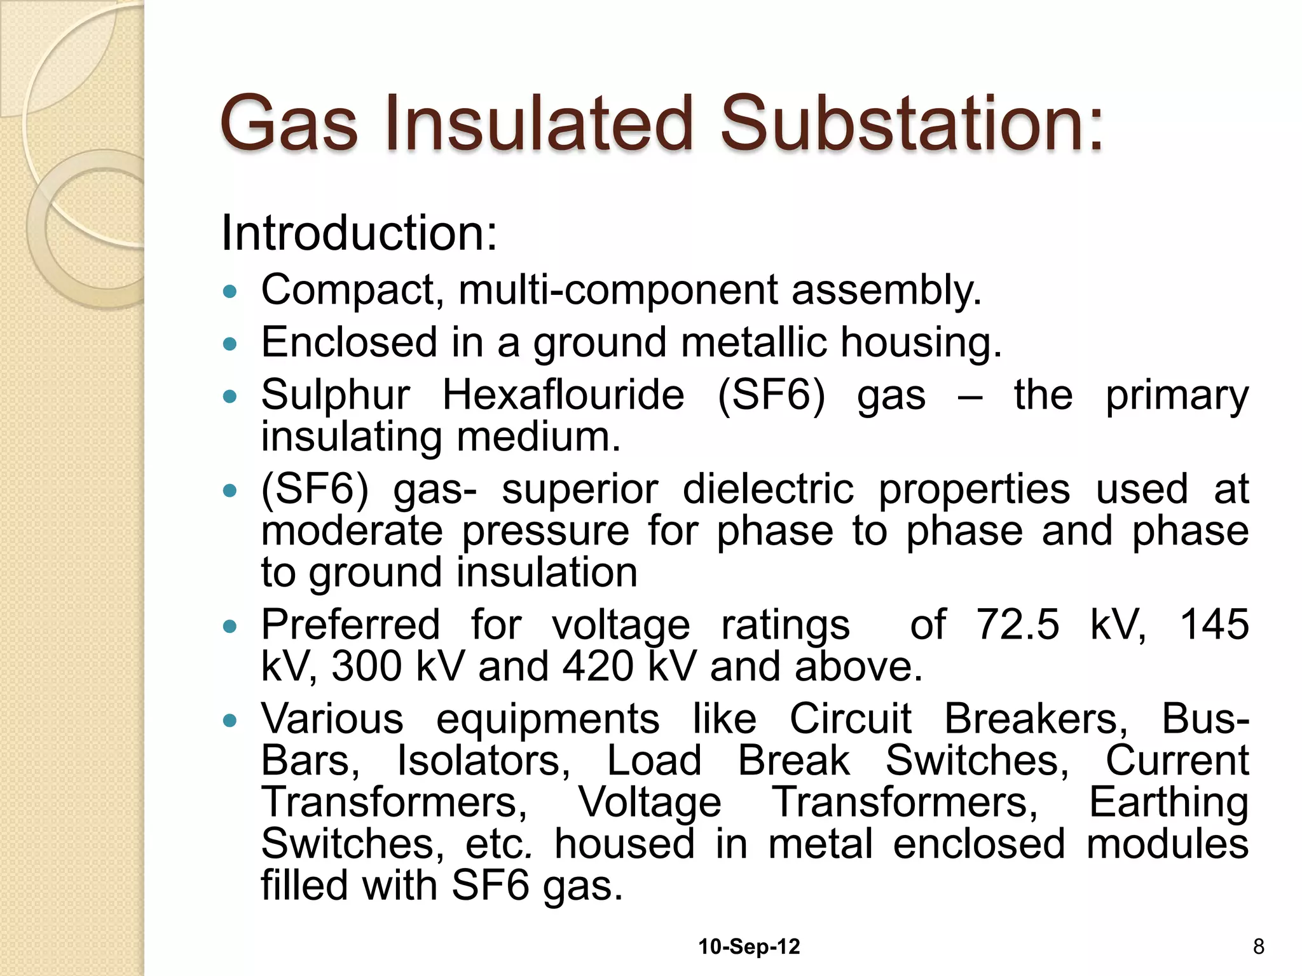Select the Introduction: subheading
[x=359, y=233]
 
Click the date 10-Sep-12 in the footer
[x=749, y=947]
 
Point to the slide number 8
[x=1258, y=947]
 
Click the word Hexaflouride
[x=563, y=395]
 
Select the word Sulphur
[x=335, y=396]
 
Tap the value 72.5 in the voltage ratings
[x=1017, y=624]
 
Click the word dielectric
[x=768, y=489]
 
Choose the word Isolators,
[x=483, y=760]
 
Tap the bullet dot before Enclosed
[x=230, y=344]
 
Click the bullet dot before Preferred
[x=230, y=627]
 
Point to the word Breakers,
[x=1036, y=719]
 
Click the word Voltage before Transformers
[x=649, y=803]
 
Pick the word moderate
[x=352, y=531]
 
